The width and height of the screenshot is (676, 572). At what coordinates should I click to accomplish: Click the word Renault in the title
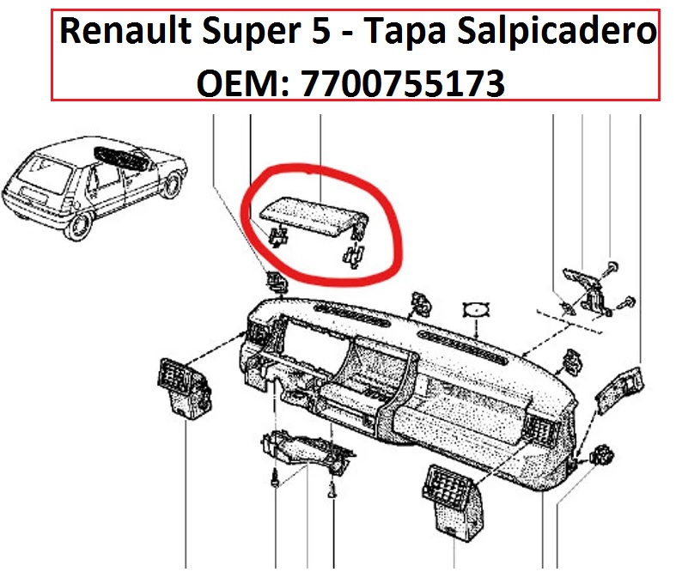[125, 31]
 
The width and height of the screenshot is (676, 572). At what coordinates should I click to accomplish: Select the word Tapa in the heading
[405, 33]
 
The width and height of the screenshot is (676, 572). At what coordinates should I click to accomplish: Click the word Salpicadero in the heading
[557, 33]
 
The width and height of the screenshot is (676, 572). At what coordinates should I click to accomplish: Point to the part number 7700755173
[403, 83]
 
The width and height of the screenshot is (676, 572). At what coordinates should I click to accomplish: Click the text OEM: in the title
[243, 83]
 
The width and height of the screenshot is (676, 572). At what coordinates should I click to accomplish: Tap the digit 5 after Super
[321, 31]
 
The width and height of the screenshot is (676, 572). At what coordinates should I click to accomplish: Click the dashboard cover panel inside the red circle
[314, 216]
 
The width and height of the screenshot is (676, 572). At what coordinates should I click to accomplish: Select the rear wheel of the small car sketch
[78, 226]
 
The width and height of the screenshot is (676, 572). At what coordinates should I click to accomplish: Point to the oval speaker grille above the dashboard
[476, 309]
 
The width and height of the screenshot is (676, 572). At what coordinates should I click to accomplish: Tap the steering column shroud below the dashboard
[306, 451]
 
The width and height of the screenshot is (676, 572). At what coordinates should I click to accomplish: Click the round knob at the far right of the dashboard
[602, 455]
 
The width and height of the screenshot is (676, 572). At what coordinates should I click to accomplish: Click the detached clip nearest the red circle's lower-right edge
[354, 255]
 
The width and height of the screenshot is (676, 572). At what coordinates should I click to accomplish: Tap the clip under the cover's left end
[277, 237]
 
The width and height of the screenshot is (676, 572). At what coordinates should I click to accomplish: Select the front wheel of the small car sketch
[173, 185]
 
